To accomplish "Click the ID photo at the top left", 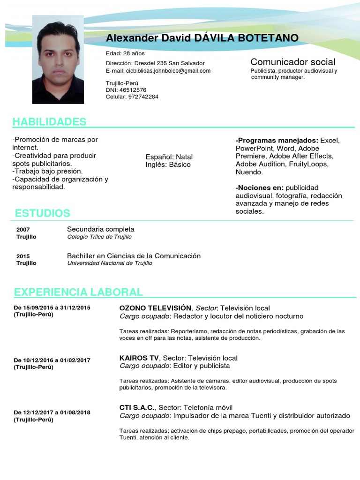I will coord(58,60).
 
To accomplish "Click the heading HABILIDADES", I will coord(49,122).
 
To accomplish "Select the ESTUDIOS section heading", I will coord(42,213).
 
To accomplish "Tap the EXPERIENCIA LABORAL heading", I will coord(78,292).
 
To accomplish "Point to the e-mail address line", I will coord(158,71).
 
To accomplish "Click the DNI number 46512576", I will coord(133,90).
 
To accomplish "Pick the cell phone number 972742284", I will coord(143,97).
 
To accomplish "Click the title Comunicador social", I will coord(292,62).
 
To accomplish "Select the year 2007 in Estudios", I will coord(23,230).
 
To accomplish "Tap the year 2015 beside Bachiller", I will coord(23,256).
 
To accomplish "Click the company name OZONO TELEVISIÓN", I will coord(155,308).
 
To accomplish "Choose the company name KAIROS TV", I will coord(139,358).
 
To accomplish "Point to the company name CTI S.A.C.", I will coord(137,407).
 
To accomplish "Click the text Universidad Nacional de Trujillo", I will coord(110,263).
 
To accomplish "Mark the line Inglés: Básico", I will coord(168,165).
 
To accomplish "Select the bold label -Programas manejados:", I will coord(277,141).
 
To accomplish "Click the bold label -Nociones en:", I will coord(259,188).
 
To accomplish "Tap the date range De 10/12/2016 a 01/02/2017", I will coord(52,360).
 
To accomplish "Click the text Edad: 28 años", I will coord(125,53).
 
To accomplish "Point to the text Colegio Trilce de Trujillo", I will coord(99,237).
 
